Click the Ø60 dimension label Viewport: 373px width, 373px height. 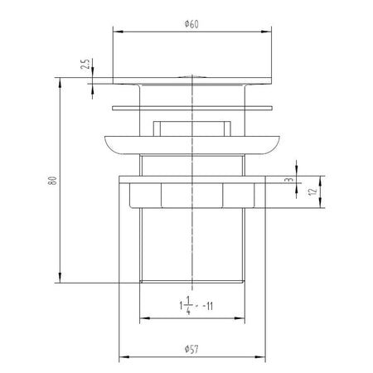191,24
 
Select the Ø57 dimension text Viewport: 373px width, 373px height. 191,349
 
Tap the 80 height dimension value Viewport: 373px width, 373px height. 52,181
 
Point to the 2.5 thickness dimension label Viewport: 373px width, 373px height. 86,64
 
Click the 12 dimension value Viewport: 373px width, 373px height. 312,191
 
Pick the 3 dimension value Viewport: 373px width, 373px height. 289,180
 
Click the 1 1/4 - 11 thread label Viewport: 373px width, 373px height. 196,306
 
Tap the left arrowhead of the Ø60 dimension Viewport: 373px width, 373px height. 118,31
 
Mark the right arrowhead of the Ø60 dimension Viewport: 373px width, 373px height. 266,31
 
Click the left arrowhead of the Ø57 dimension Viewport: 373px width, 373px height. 124,357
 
